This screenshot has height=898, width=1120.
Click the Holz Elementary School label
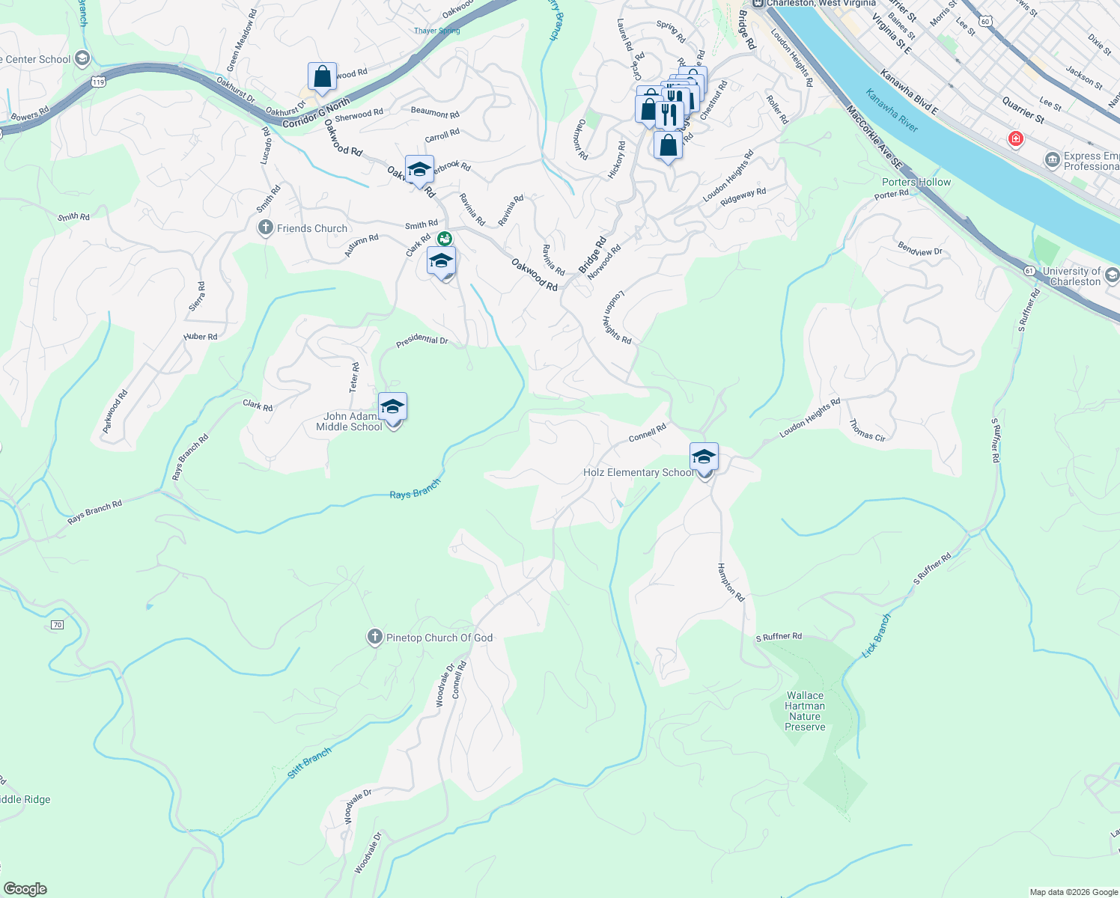(x=639, y=473)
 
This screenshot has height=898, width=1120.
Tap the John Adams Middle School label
(x=349, y=422)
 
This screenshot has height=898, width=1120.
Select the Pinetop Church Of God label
(x=439, y=638)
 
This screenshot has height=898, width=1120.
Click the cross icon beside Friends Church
(x=265, y=227)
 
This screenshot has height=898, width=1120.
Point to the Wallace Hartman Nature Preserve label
(x=805, y=711)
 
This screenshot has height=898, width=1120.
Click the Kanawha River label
(x=892, y=110)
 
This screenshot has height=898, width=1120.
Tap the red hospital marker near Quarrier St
(x=1015, y=138)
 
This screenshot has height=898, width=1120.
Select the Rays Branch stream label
(x=415, y=490)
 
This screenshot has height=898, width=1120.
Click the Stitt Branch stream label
(x=309, y=763)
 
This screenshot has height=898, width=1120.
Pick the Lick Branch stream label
(x=876, y=635)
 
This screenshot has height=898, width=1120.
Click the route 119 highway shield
(x=99, y=82)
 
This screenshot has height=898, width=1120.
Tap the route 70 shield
(x=58, y=625)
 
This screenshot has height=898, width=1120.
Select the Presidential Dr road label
(x=421, y=340)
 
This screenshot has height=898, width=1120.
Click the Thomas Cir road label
(x=867, y=430)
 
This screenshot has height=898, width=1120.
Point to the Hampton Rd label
(x=731, y=582)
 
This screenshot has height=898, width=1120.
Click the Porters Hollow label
(x=916, y=182)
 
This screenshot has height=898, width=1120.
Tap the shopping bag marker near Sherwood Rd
(x=322, y=76)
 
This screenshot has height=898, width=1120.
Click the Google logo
(x=25, y=889)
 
